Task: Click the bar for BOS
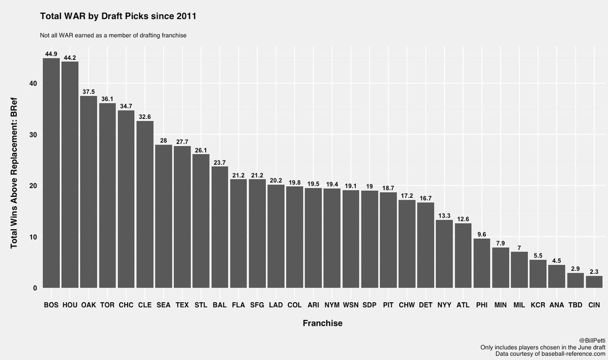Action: pyautogui.click(x=51, y=173)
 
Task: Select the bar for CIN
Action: pyautogui.click(x=594, y=282)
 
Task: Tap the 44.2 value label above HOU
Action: pyautogui.click(x=70, y=58)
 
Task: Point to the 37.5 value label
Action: pyautogui.click(x=89, y=92)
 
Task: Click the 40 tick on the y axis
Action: pyautogui.click(x=33, y=84)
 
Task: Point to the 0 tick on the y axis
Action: pyautogui.click(x=35, y=289)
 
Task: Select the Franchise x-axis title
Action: pyautogui.click(x=322, y=323)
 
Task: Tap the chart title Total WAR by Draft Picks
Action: pyautogui.click(x=118, y=16)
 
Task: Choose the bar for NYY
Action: pyautogui.click(x=444, y=254)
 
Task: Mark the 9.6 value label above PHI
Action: pyautogui.click(x=481, y=235)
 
